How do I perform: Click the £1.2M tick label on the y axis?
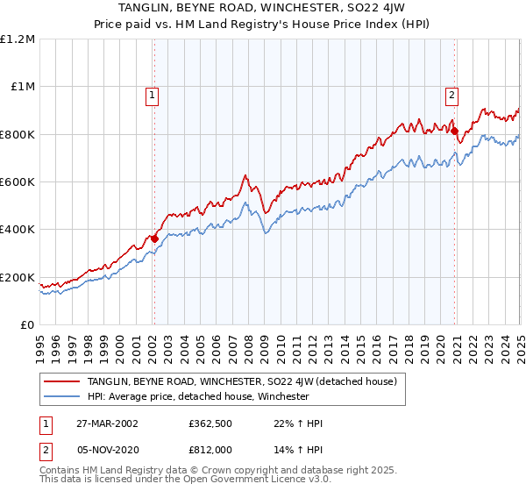point(18,39)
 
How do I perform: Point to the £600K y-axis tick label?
point(18,181)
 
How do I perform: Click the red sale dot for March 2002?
point(154,238)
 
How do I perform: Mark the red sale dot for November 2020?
point(455,131)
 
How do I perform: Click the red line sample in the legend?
point(62,382)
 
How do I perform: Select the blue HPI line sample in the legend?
point(62,396)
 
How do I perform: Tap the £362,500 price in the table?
point(211,423)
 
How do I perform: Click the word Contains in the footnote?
point(60,471)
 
